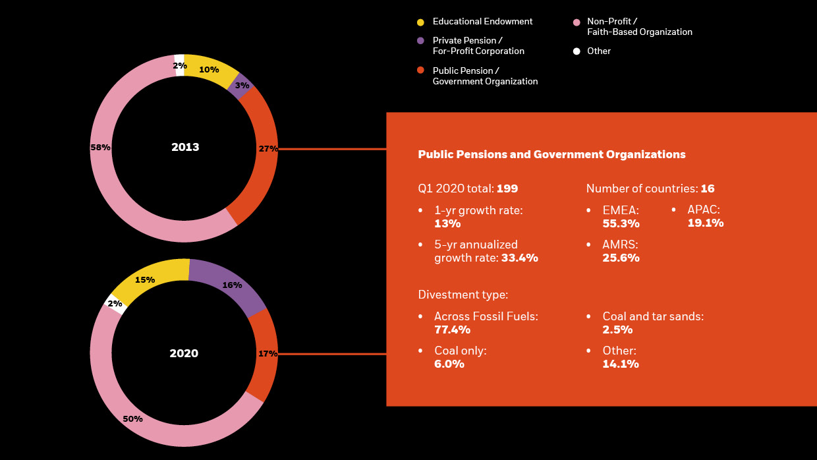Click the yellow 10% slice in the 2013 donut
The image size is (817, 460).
click(210, 70)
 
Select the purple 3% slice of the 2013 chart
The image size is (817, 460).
click(241, 86)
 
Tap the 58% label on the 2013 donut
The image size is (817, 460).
click(100, 148)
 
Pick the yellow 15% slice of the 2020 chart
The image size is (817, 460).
click(145, 279)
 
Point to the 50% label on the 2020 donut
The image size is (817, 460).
click(132, 418)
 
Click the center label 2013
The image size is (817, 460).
click(185, 148)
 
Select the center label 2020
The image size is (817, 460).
click(184, 354)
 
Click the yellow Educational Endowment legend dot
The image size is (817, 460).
click(420, 22)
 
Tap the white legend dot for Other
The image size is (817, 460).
click(577, 51)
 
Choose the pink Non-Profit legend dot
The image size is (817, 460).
click(577, 22)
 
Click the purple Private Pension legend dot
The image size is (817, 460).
click(420, 41)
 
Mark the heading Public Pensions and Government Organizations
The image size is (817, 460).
click(551, 154)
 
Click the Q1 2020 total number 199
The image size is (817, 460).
click(507, 188)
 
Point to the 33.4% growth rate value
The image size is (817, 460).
click(519, 258)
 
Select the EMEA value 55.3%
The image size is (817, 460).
click(621, 223)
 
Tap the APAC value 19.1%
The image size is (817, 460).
click(705, 223)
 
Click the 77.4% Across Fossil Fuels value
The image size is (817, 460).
click(452, 330)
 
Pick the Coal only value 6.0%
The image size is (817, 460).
click(449, 364)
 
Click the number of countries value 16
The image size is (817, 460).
click(708, 188)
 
